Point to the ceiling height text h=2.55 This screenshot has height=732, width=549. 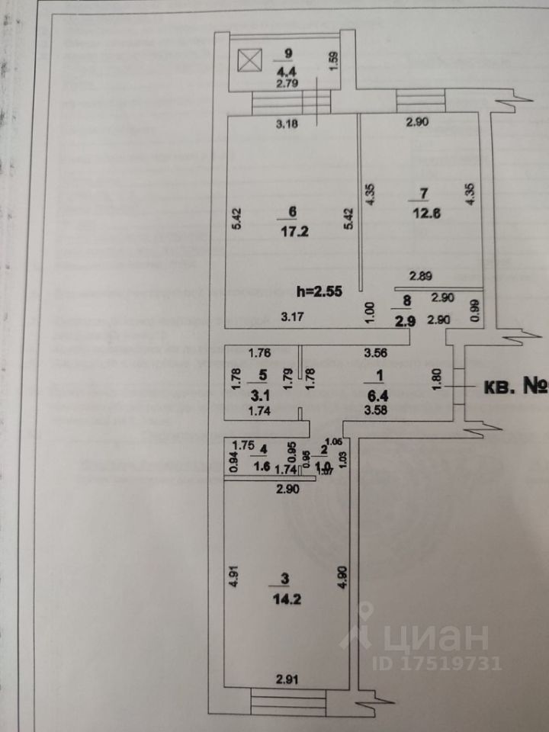pos(321,290)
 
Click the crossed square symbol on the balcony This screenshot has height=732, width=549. pos(249,60)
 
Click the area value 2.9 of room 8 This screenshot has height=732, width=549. pos(404,322)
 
